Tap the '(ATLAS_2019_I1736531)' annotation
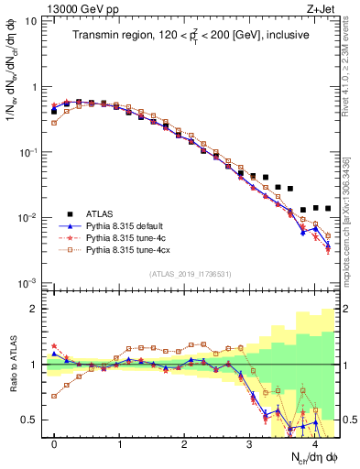pos(191,273)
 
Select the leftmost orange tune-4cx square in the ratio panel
pos(54,396)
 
